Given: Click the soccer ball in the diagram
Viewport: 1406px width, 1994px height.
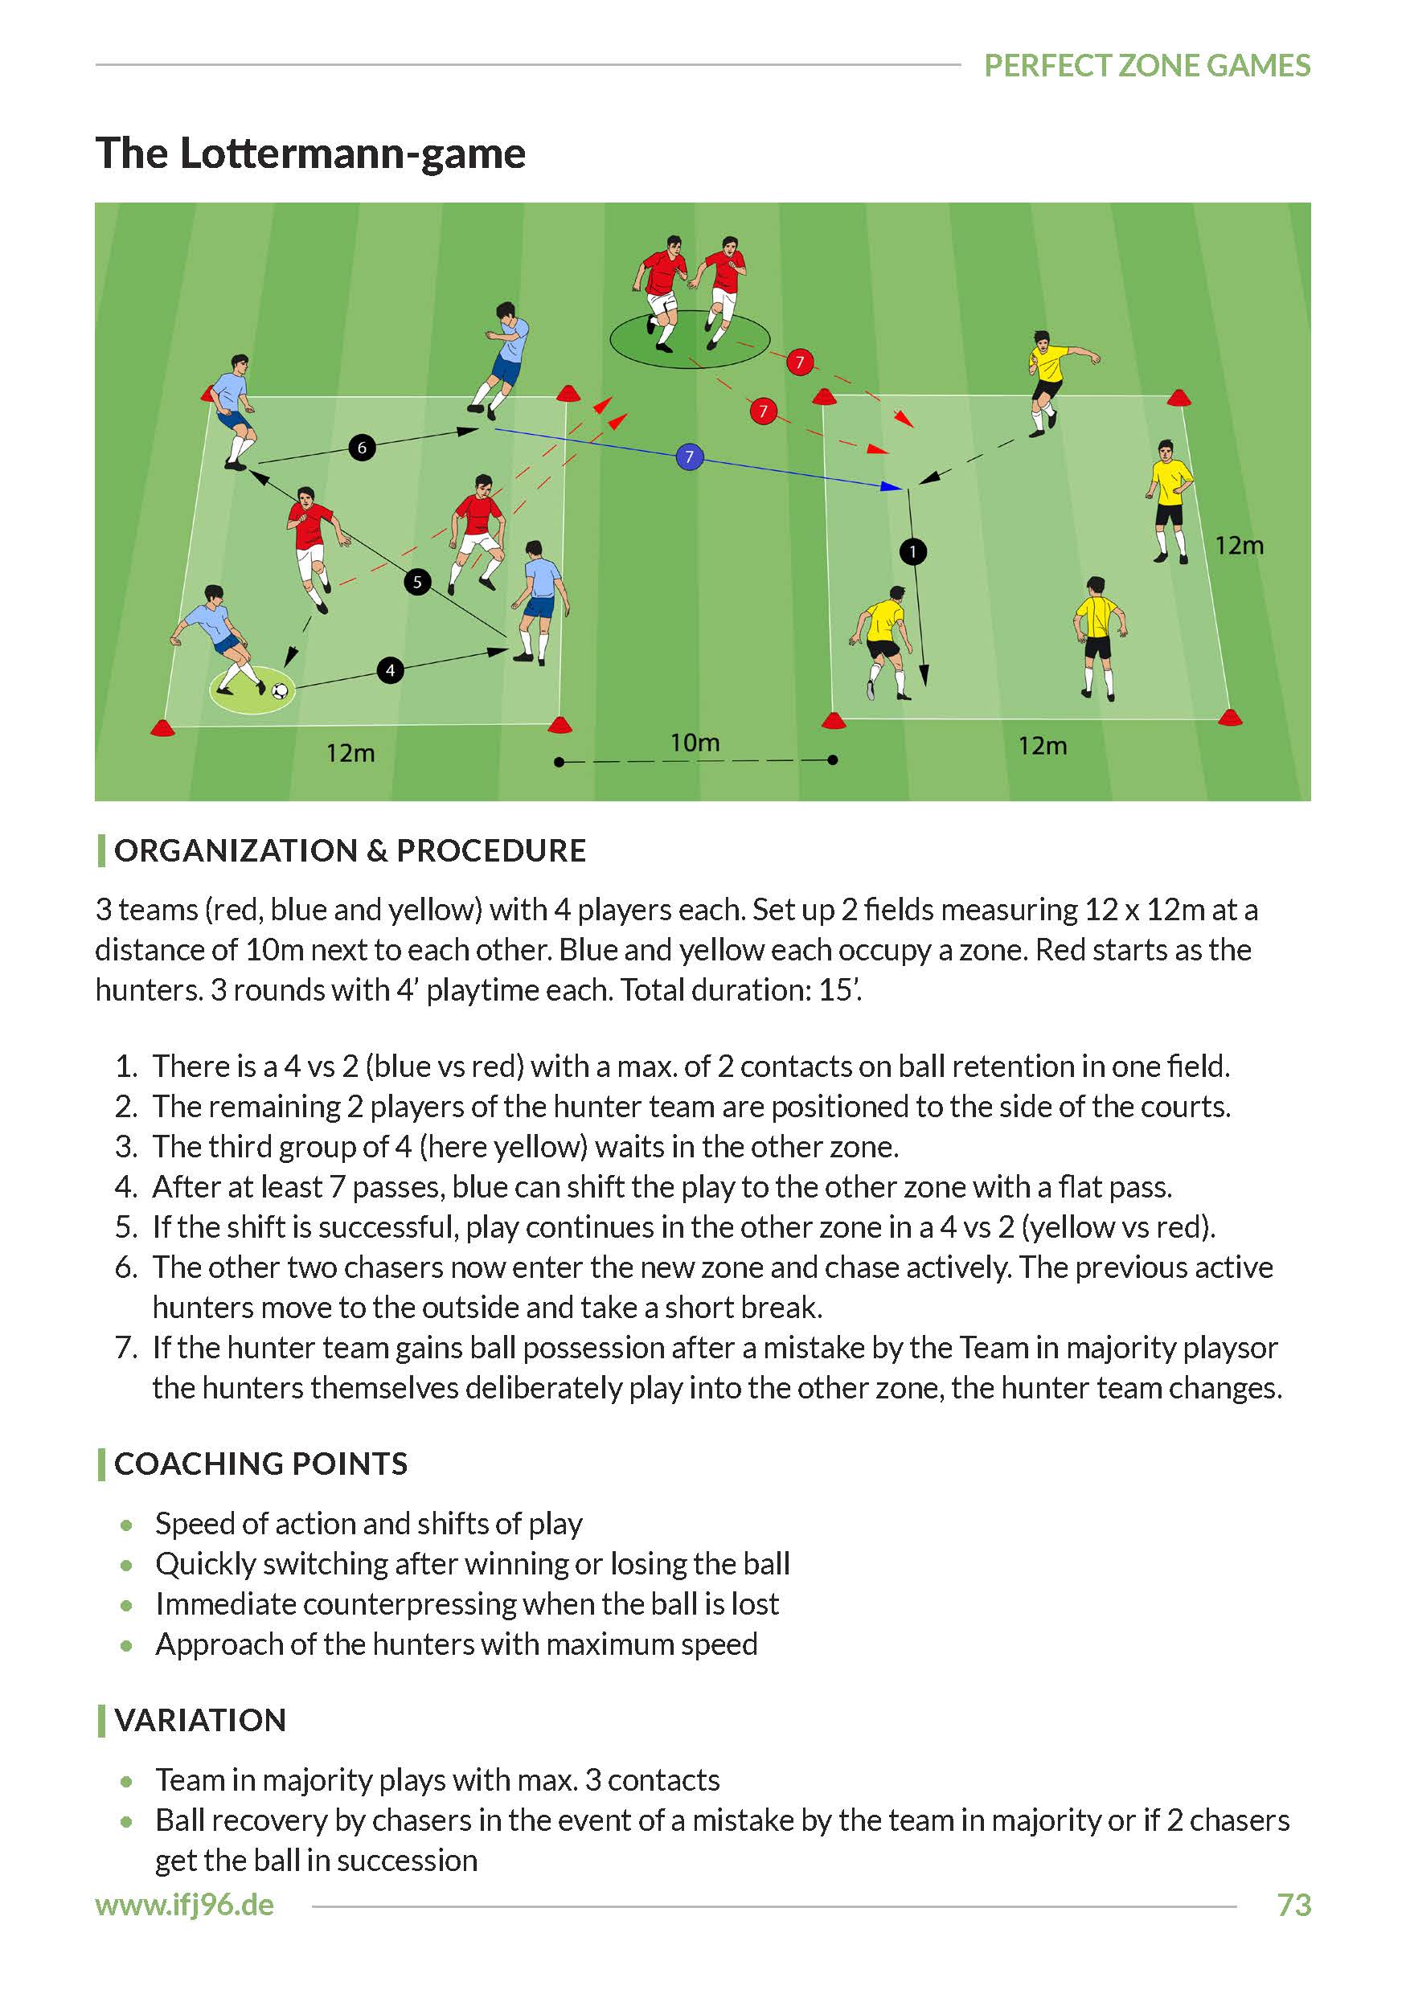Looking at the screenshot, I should pos(280,690).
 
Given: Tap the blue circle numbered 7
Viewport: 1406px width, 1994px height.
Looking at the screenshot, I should pos(689,457).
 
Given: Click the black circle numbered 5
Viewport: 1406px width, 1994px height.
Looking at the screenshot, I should pos(417,582).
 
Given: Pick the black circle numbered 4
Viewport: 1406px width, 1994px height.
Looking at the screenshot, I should pos(390,670).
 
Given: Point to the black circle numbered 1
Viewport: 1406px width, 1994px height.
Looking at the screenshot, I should pos(912,551).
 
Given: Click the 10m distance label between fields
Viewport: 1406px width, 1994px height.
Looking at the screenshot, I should pos(695,743).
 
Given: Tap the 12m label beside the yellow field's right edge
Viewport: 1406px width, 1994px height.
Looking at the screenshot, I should pos(1239,547).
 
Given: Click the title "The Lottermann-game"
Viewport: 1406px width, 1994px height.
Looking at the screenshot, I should pos(310,154).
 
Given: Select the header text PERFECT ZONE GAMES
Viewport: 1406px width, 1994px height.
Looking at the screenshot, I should pos(1146,66).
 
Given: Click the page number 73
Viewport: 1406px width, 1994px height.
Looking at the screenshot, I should pos(1293,1905).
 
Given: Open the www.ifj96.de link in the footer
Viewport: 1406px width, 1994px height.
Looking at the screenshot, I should pos(185,1905).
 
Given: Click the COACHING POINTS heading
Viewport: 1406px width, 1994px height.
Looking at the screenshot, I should pos(260,1464).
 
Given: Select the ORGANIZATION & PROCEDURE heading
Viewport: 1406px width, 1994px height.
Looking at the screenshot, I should pos(350,851).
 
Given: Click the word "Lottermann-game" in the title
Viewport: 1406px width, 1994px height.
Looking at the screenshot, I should pos(353,154).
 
